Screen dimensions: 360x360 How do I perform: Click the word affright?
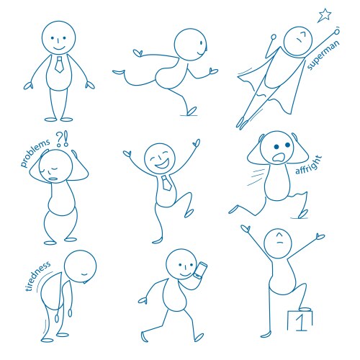click(x=309, y=165)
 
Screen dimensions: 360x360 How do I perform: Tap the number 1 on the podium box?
click(x=300, y=322)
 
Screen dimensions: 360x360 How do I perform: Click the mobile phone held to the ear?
click(x=199, y=271)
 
